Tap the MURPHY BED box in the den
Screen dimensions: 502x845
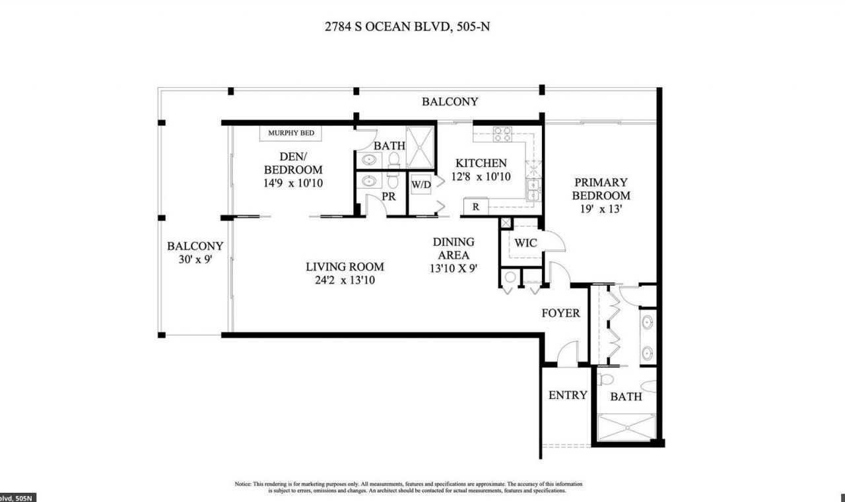pos(290,133)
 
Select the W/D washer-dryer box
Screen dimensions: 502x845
pos(421,185)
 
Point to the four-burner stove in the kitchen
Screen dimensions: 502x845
pos(502,134)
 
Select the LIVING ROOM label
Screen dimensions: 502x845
pos(345,267)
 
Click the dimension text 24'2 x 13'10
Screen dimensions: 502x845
pos(345,280)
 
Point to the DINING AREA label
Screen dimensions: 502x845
pos(454,249)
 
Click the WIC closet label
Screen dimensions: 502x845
pos(526,243)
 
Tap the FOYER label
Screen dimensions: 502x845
pos(560,313)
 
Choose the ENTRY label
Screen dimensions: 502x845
pos(568,395)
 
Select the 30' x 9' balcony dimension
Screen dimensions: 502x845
pos(195,259)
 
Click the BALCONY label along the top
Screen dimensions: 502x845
pos(450,102)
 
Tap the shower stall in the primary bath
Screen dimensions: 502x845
pos(626,427)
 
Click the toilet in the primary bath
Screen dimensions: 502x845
pos(605,380)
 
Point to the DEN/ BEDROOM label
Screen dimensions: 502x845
pos(292,163)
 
